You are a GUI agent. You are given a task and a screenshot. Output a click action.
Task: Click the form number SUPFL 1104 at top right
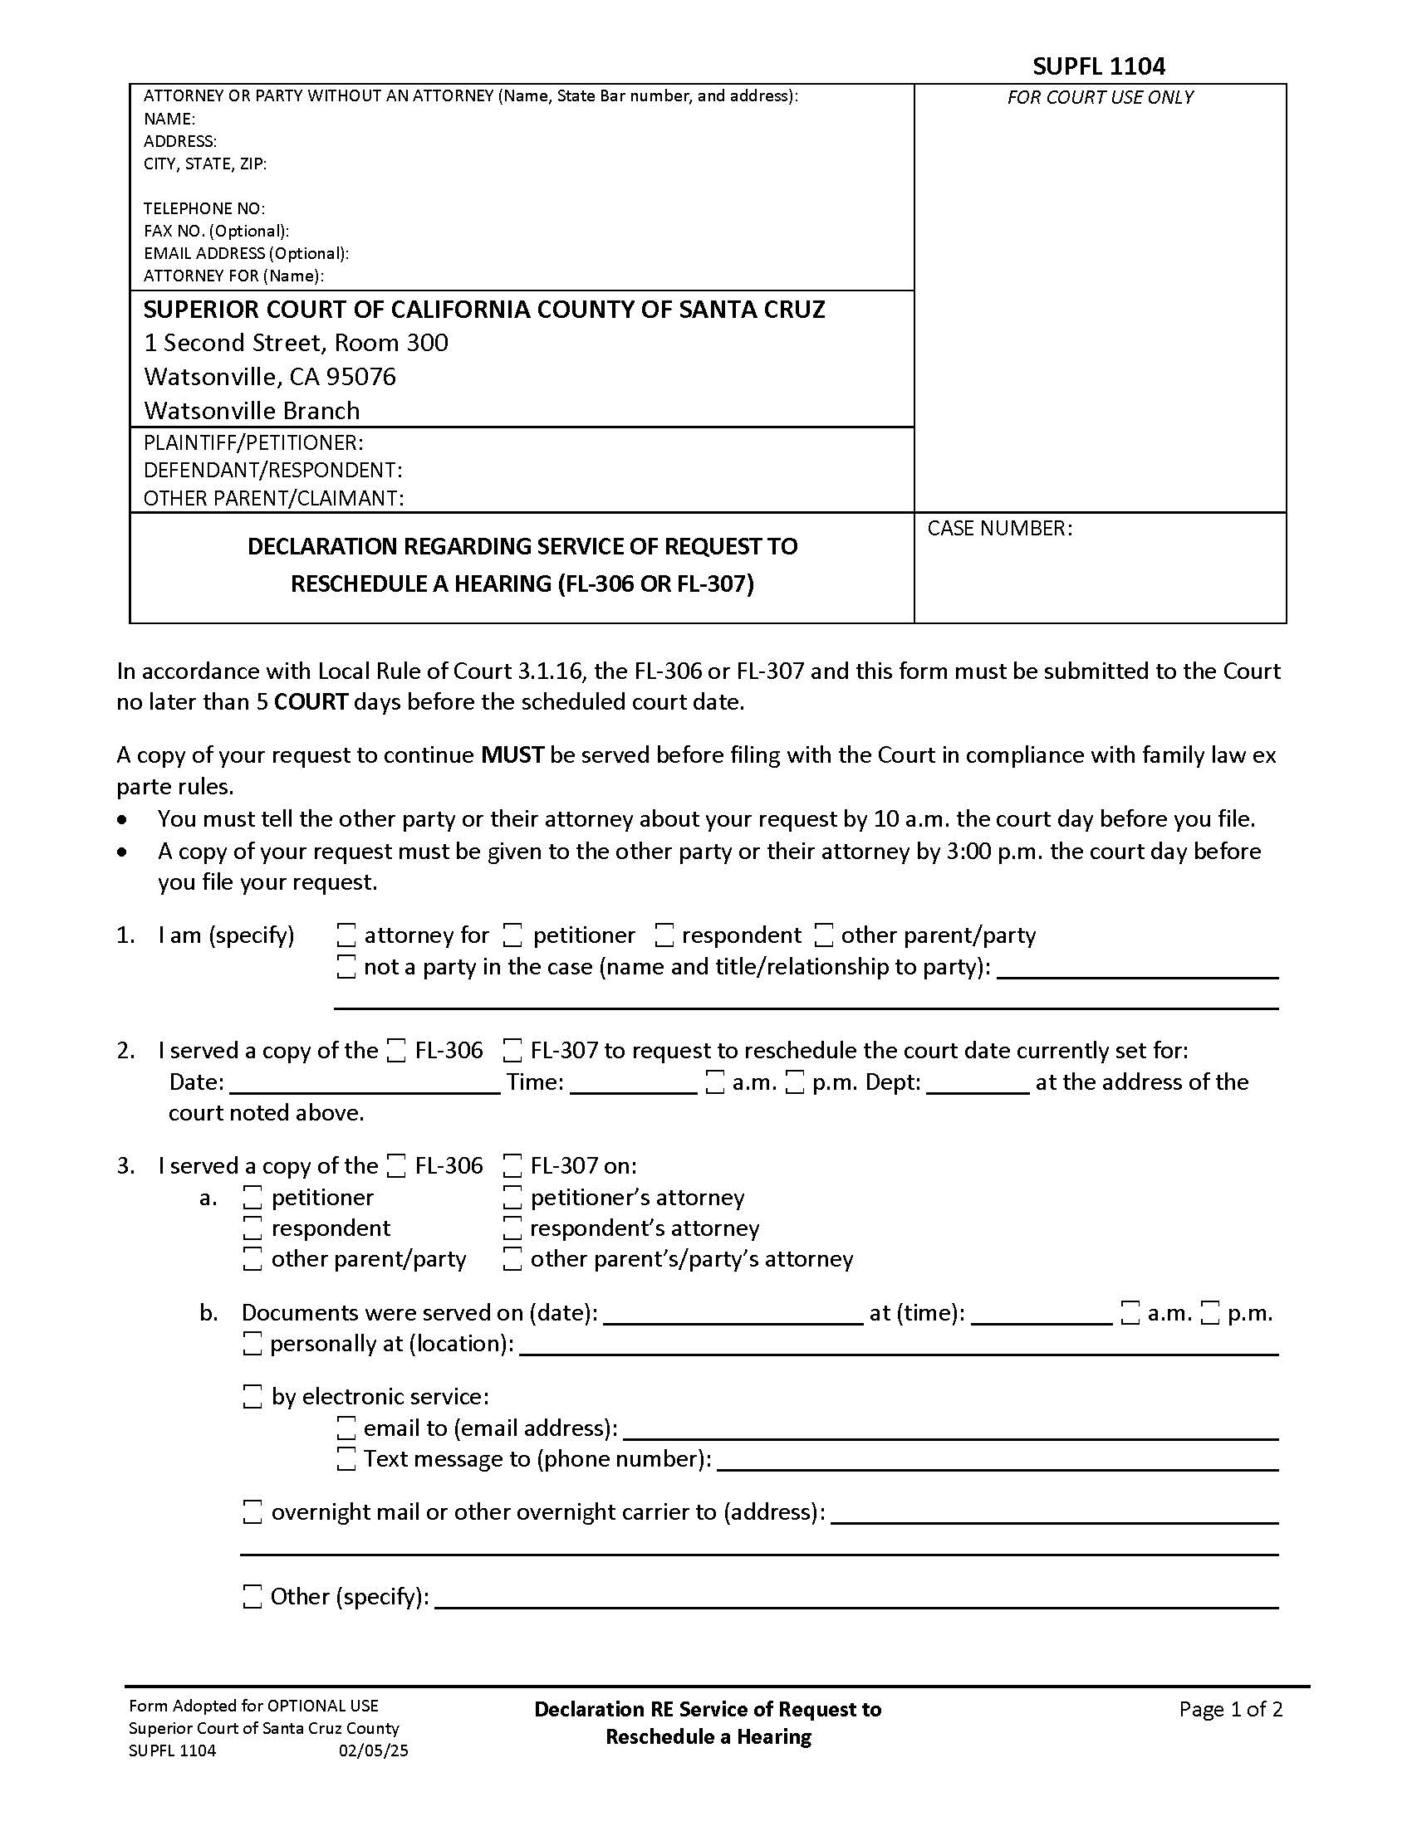tap(1098, 66)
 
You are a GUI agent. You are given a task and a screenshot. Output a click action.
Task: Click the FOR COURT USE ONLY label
tap(1099, 97)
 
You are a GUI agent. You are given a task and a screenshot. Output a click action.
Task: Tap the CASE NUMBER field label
tap(998, 529)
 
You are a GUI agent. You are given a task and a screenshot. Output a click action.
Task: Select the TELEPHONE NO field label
tap(204, 208)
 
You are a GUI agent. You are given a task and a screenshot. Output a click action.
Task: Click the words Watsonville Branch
tap(252, 411)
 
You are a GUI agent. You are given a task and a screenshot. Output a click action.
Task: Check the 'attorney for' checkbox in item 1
tap(346, 935)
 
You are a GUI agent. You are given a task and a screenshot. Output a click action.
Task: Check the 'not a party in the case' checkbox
tap(346, 967)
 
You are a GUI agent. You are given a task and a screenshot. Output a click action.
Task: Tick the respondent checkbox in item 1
tap(664, 935)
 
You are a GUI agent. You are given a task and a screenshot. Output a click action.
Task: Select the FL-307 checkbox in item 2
tap(512, 1051)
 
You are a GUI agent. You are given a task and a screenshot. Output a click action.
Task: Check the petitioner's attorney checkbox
tap(512, 1198)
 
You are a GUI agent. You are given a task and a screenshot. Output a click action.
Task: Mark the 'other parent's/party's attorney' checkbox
tap(512, 1259)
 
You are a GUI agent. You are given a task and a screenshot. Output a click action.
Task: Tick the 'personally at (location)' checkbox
tap(252, 1344)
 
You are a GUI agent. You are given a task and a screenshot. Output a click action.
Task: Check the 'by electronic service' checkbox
tap(252, 1396)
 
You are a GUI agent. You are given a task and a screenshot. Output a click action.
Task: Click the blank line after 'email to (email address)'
tap(950, 1430)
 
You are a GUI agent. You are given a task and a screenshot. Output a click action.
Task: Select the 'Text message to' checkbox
tap(346, 1459)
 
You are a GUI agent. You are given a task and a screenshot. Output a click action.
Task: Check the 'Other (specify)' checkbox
tap(252, 1597)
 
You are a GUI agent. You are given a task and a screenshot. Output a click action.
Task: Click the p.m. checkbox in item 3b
tap(1209, 1314)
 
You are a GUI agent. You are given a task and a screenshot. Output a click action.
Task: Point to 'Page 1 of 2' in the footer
tap(1229, 1709)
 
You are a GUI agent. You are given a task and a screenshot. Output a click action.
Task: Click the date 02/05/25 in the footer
tap(373, 1750)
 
